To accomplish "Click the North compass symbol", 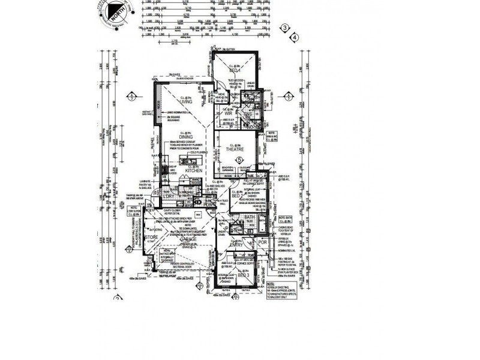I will pos(111,13).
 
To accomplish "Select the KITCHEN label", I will pos(193,171).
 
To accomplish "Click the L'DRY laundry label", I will pos(167,196).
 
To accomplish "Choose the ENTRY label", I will pos(236,244).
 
